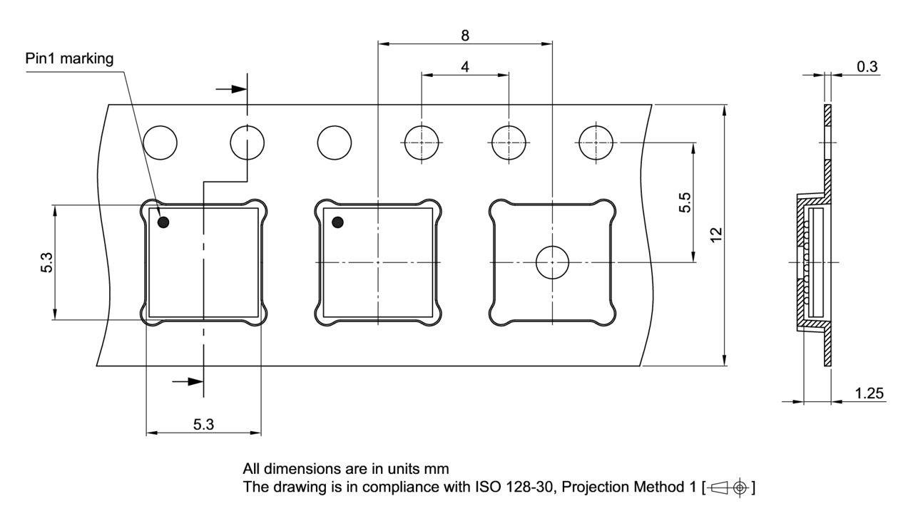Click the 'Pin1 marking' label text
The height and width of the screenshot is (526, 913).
69,59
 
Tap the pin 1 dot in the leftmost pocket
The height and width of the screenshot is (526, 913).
163,222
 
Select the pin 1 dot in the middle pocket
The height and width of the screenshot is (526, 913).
337,222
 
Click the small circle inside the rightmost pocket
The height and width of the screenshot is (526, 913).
552,262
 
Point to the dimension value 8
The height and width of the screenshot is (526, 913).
465,36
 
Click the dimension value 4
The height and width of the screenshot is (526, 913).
465,67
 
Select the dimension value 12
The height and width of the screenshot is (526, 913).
716,235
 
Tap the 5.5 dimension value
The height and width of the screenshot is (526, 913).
685,202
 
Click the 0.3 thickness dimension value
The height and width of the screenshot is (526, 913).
867,67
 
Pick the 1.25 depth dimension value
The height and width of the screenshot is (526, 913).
869,393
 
